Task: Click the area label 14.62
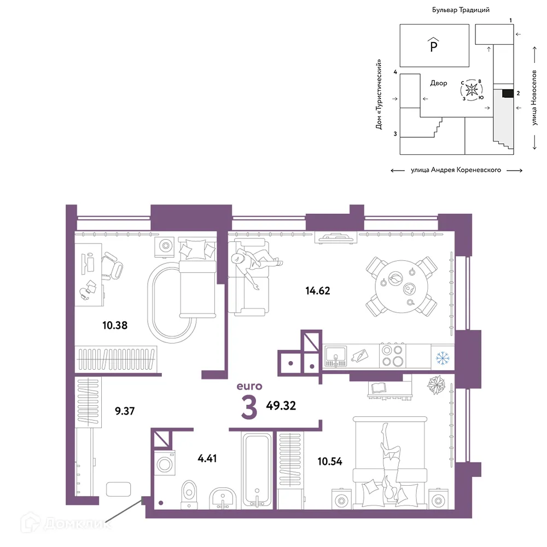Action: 317,290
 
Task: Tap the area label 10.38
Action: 115,325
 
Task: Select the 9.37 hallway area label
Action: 125,411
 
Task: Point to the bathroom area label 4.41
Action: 207,458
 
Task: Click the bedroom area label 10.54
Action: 330,462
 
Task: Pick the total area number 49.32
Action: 281,406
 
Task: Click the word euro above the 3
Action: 249,386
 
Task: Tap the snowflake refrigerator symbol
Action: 443,358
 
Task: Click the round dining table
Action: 401,287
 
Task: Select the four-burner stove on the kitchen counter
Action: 392,356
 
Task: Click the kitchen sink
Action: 336,356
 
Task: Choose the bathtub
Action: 257,469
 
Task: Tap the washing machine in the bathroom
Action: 164,463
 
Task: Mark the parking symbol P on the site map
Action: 434,45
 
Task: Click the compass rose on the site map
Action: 472,90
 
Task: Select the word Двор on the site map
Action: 439,83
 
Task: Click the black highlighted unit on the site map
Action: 508,93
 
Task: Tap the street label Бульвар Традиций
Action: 461,10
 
